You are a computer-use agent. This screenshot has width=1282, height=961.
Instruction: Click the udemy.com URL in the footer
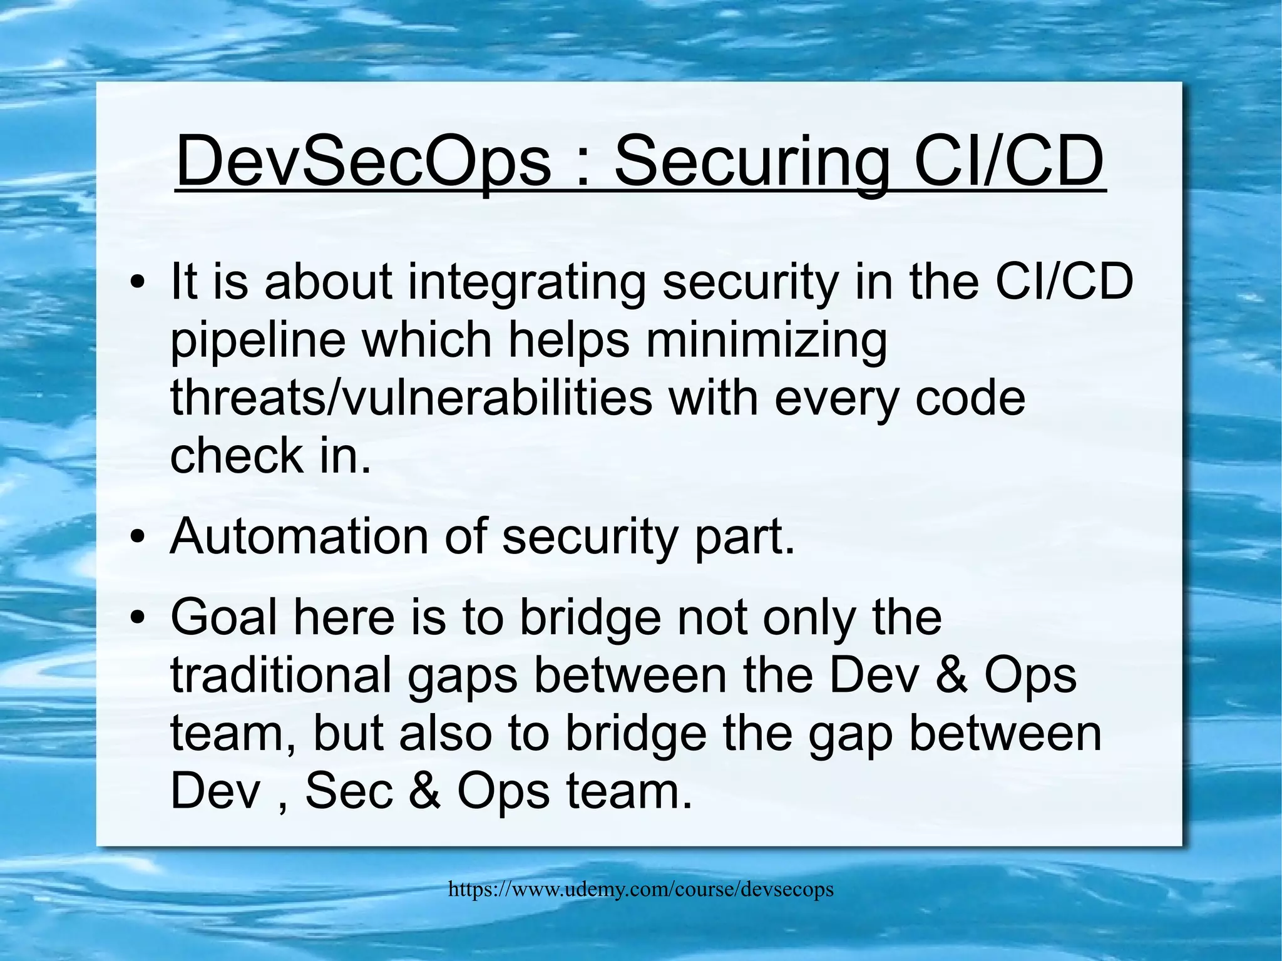point(640,889)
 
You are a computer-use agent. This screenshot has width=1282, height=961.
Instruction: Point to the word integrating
point(527,282)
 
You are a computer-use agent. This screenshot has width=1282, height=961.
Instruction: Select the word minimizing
point(766,341)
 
